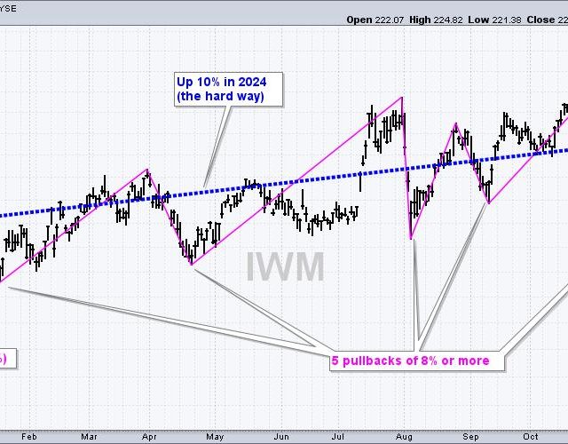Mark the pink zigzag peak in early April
(147, 170)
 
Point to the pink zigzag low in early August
(411, 238)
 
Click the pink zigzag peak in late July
(402, 96)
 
